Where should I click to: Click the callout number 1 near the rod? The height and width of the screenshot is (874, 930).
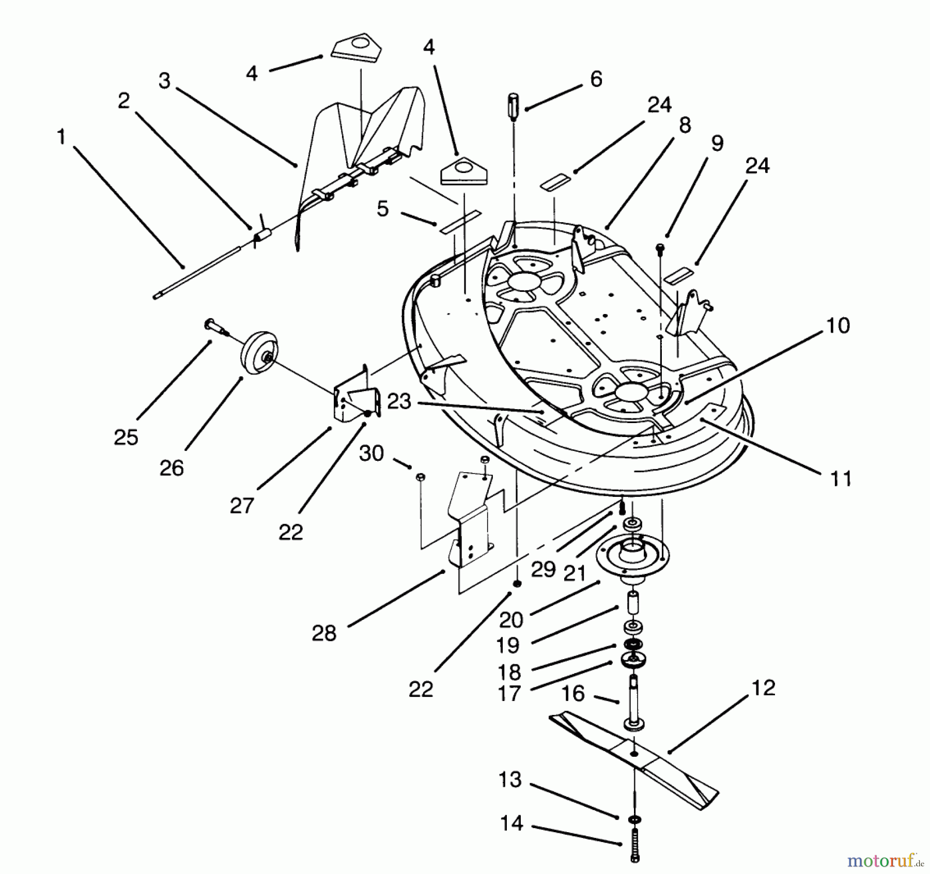61,137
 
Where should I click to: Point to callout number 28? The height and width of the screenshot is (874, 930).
324,633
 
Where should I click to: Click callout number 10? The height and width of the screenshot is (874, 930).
838,326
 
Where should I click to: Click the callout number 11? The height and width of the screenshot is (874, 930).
840,478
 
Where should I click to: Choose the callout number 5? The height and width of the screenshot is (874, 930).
382,209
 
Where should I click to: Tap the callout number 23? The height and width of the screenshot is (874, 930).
399,401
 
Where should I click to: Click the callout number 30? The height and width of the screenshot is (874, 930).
371,454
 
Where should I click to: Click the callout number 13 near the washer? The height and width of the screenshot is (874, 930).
510,780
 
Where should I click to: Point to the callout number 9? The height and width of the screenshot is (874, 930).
717,143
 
